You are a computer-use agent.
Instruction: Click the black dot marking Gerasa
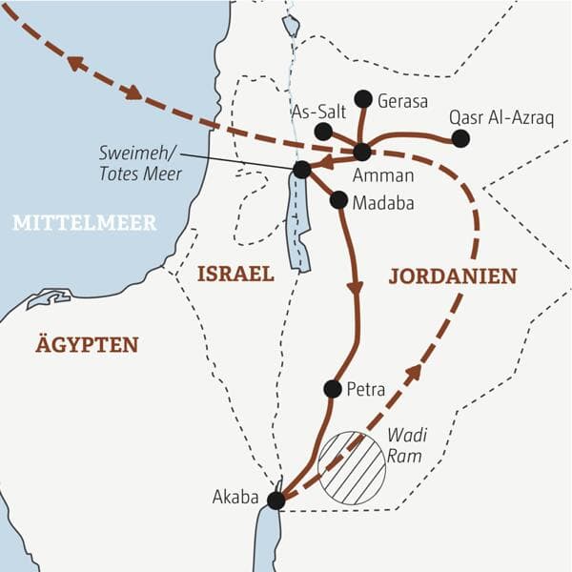click(x=362, y=98)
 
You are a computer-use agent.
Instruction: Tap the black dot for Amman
click(x=361, y=152)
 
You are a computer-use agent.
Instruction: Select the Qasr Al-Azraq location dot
click(x=460, y=138)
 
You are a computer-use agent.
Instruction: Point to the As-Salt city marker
click(x=323, y=132)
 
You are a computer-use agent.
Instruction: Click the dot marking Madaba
click(x=337, y=199)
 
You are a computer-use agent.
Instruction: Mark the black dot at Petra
click(x=332, y=388)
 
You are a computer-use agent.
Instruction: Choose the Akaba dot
click(x=276, y=500)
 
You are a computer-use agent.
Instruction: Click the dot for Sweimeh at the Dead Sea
click(x=302, y=170)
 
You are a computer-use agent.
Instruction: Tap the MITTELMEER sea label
click(x=84, y=223)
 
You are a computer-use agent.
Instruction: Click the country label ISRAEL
click(x=235, y=275)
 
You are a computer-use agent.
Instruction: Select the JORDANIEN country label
click(x=453, y=276)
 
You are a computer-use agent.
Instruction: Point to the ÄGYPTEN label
click(x=87, y=345)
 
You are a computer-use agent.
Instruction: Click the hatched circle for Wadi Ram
click(x=352, y=468)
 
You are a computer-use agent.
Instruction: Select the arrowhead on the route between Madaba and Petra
click(x=356, y=286)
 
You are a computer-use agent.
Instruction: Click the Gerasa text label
click(x=403, y=101)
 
